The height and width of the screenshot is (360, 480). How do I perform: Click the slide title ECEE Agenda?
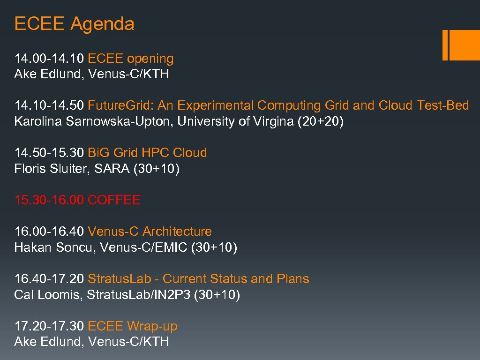(74, 23)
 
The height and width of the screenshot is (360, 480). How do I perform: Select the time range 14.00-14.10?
(49, 59)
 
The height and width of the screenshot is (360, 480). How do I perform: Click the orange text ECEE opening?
(131, 59)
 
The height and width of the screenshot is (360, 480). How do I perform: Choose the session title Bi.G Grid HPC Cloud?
(147, 153)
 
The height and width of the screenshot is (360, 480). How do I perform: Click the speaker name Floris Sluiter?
(52, 169)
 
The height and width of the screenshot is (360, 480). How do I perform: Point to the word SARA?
(112, 169)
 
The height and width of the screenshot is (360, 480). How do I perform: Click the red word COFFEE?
(114, 200)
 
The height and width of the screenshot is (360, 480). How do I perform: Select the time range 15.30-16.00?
(49, 200)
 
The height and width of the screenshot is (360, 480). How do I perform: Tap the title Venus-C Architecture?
(150, 232)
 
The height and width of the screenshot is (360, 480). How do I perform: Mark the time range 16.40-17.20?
(49, 279)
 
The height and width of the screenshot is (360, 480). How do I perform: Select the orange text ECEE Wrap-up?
(133, 326)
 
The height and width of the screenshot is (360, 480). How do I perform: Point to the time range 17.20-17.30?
(49, 326)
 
